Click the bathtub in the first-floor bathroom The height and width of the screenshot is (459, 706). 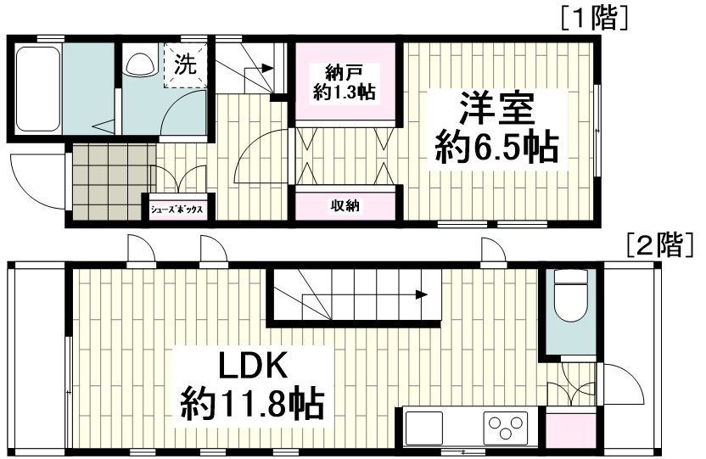coord(38,88)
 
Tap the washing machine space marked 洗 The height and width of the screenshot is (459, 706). coord(186,65)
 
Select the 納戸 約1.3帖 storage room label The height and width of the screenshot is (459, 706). coord(345,82)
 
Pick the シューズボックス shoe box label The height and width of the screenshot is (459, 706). coord(176,210)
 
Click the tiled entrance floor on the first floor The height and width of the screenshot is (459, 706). coord(115,182)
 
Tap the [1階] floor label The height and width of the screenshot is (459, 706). coord(593,19)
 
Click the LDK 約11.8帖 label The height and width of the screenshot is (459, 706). coord(253,385)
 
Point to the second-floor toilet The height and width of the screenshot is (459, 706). coord(570,294)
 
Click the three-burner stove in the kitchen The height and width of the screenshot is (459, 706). coord(506,426)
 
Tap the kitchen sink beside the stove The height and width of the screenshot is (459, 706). coord(423,427)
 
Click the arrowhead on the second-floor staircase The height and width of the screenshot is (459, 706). coord(422,294)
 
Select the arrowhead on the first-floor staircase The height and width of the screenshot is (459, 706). coord(267,69)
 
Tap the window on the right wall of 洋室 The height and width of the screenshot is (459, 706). coord(597,131)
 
